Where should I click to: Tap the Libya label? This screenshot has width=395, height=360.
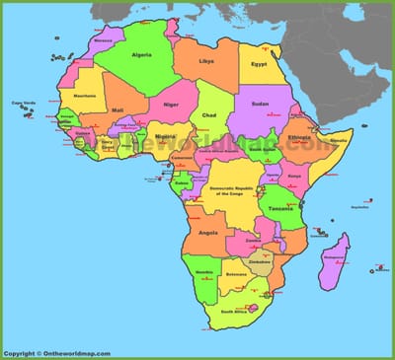click(x=206, y=61)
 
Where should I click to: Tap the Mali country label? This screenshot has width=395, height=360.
click(x=118, y=110)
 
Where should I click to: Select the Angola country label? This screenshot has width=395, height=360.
click(x=208, y=234)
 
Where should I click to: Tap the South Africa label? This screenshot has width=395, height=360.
click(x=234, y=312)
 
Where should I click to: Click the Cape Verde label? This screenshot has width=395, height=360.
click(x=23, y=104)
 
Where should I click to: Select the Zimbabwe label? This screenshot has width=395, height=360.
click(x=260, y=261)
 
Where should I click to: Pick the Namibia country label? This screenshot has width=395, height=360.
click(x=205, y=271)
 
